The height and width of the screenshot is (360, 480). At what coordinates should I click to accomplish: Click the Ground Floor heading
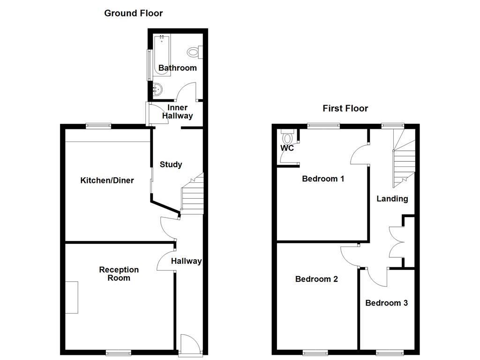[x=133, y=13]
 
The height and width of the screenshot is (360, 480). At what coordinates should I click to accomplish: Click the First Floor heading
[x=345, y=108]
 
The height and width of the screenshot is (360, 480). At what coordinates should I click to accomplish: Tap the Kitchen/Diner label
[x=107, y=180]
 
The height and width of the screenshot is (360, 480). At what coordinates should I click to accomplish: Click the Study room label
[x=171, y=165]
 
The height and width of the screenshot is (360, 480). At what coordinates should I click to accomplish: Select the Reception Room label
[x=119, y=274]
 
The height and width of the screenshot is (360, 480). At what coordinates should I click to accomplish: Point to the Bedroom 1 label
[x=323, y=179]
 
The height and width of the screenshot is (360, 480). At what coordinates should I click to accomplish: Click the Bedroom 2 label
[x=316, y=279]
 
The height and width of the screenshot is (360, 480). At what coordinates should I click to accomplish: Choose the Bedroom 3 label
[x=386, y=303]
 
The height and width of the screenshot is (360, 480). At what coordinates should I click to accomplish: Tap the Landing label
[x=392, y=199]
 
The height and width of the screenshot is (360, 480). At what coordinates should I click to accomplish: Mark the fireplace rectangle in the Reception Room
[x=72, y=297]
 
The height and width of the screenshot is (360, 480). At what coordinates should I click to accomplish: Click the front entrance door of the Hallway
[x=190, y=344]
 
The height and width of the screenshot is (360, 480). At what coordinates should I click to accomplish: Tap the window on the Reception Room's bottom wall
[x=118, y=352]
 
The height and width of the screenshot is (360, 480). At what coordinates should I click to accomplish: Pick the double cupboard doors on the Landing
[x=397, y=241]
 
